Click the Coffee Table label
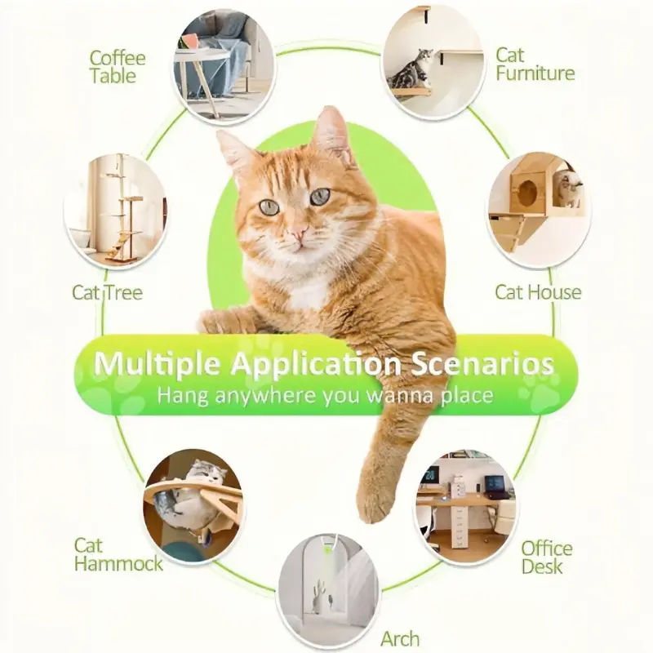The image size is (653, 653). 118,67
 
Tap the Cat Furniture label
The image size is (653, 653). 535,64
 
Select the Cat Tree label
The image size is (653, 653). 107,292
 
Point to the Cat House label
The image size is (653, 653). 538,292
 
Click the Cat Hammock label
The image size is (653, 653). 118,555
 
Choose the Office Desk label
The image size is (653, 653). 547,557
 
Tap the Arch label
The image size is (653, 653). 400,638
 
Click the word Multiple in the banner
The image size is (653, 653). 157,363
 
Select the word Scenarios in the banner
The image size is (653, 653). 482,363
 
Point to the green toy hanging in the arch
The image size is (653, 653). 329,550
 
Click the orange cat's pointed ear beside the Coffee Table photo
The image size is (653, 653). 231,150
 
